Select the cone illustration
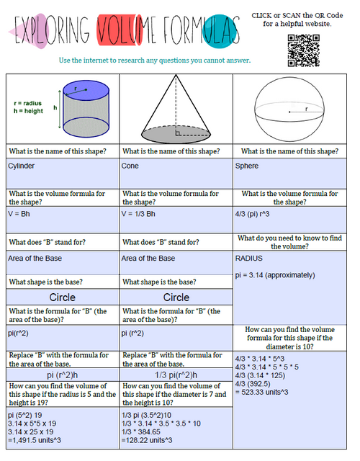[x=175, y=108]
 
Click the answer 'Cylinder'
[x=22, y=166]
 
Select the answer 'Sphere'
[x=247, y=166]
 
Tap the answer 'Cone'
[x=130, y=166]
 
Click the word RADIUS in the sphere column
[x=249, y=257]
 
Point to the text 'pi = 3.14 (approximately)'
[x=275, y=274]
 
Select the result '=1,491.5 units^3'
[x=35, y=440]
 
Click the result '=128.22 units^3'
[x=151, y=440]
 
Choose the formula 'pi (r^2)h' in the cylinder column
[x=62, y=375]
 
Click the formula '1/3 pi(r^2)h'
[x=176, y=375]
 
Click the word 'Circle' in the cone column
[x=176, y=297]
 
